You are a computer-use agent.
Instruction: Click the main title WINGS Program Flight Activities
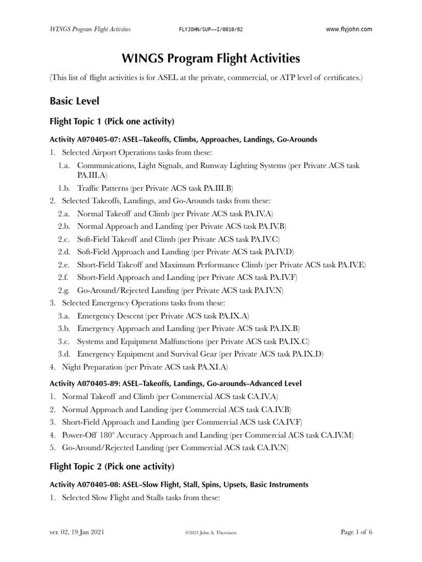coord(210,58)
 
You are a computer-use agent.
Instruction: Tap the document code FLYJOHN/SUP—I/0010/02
coord(210,29)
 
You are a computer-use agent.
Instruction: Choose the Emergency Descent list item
coord(110,316)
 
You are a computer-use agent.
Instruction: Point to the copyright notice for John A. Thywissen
coord(210,533)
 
